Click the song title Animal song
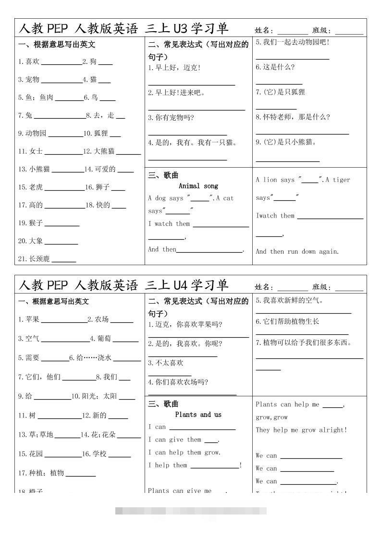[x=198, y=186]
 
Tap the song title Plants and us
[x=198, y=414]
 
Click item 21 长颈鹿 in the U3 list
[x=34, y=258]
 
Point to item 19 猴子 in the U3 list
[x=31, y=223]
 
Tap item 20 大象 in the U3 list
[x=31, y=241]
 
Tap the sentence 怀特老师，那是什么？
[x=293, y=117]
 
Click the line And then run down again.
[x=297, y=251]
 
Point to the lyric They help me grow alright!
[x=301, y=430]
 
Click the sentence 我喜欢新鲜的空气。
[x=290, y=301]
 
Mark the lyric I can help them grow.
[x=184, y=452]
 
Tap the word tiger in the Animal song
[x=342, y=180]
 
